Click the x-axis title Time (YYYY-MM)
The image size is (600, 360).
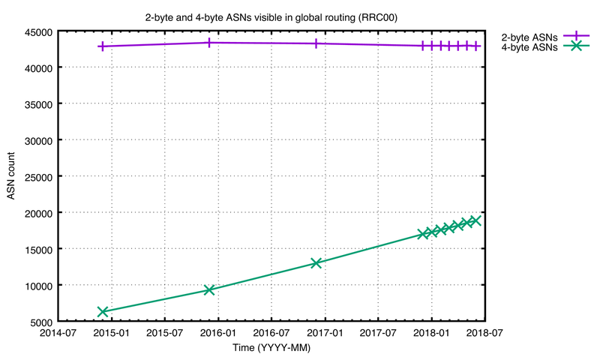[x=271, y=349]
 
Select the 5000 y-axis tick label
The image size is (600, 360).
[x=40, y=322]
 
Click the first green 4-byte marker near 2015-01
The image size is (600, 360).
[x=103, y=311]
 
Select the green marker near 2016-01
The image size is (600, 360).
[x=209, y=289]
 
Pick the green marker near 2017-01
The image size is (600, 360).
[x=316, y=263]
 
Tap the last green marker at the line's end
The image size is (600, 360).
[x=475, y=220]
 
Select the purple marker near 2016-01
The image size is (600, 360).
[x=209, y=43]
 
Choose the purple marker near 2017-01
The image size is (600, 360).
[x=316, y=43]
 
